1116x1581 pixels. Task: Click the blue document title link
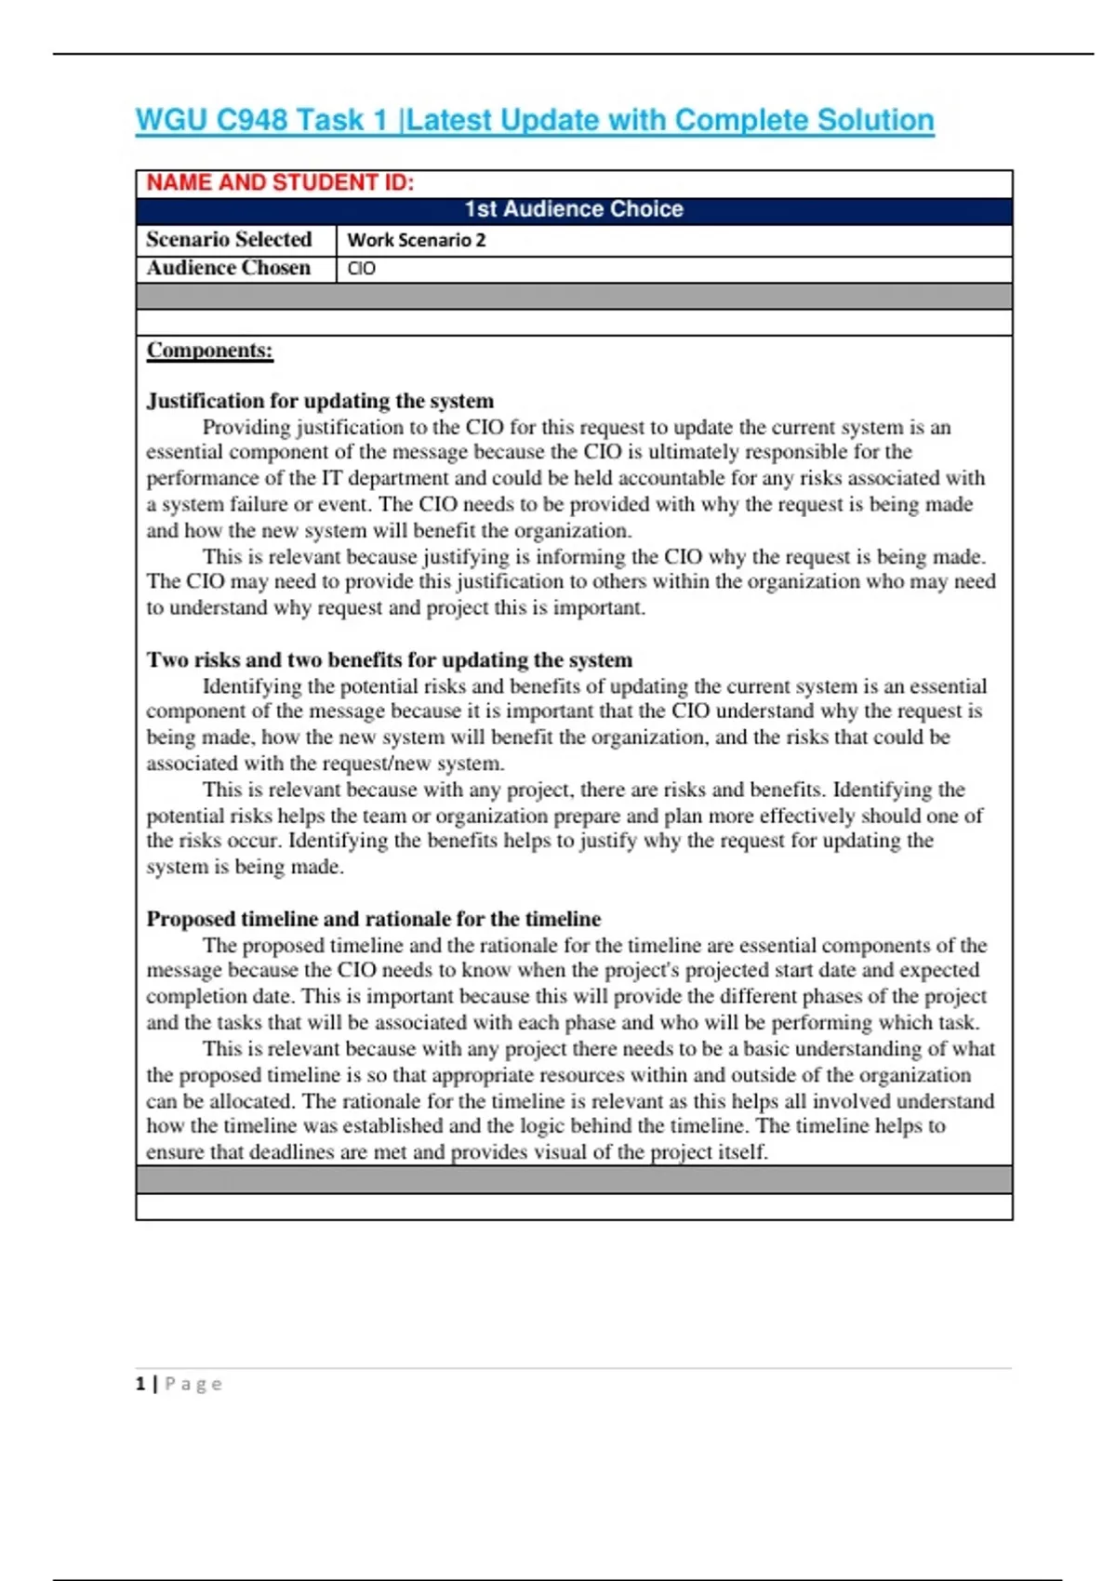tap(534, 120)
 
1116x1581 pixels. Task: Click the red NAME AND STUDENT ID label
tap(280, 182)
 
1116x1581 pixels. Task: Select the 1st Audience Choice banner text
tap(574, 209)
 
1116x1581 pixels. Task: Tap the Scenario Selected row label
tap(229, 239)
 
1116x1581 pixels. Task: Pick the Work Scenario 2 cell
tap(417, 240)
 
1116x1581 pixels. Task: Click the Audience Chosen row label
tap(228, 268)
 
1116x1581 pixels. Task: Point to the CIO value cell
tap(362, 269)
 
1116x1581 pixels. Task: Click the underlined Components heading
tap(209, 350)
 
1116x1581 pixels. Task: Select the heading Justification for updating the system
tap(320, 401)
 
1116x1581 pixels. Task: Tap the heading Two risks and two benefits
tap(389, 659)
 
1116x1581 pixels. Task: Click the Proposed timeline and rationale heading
tap(373, 919)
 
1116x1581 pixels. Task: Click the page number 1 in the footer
tap(140, 1384)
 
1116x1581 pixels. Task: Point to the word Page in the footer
tap(193, 1384)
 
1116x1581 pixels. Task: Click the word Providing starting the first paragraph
tap(246, 427)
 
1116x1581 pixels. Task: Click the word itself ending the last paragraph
tap(742, 1152)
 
